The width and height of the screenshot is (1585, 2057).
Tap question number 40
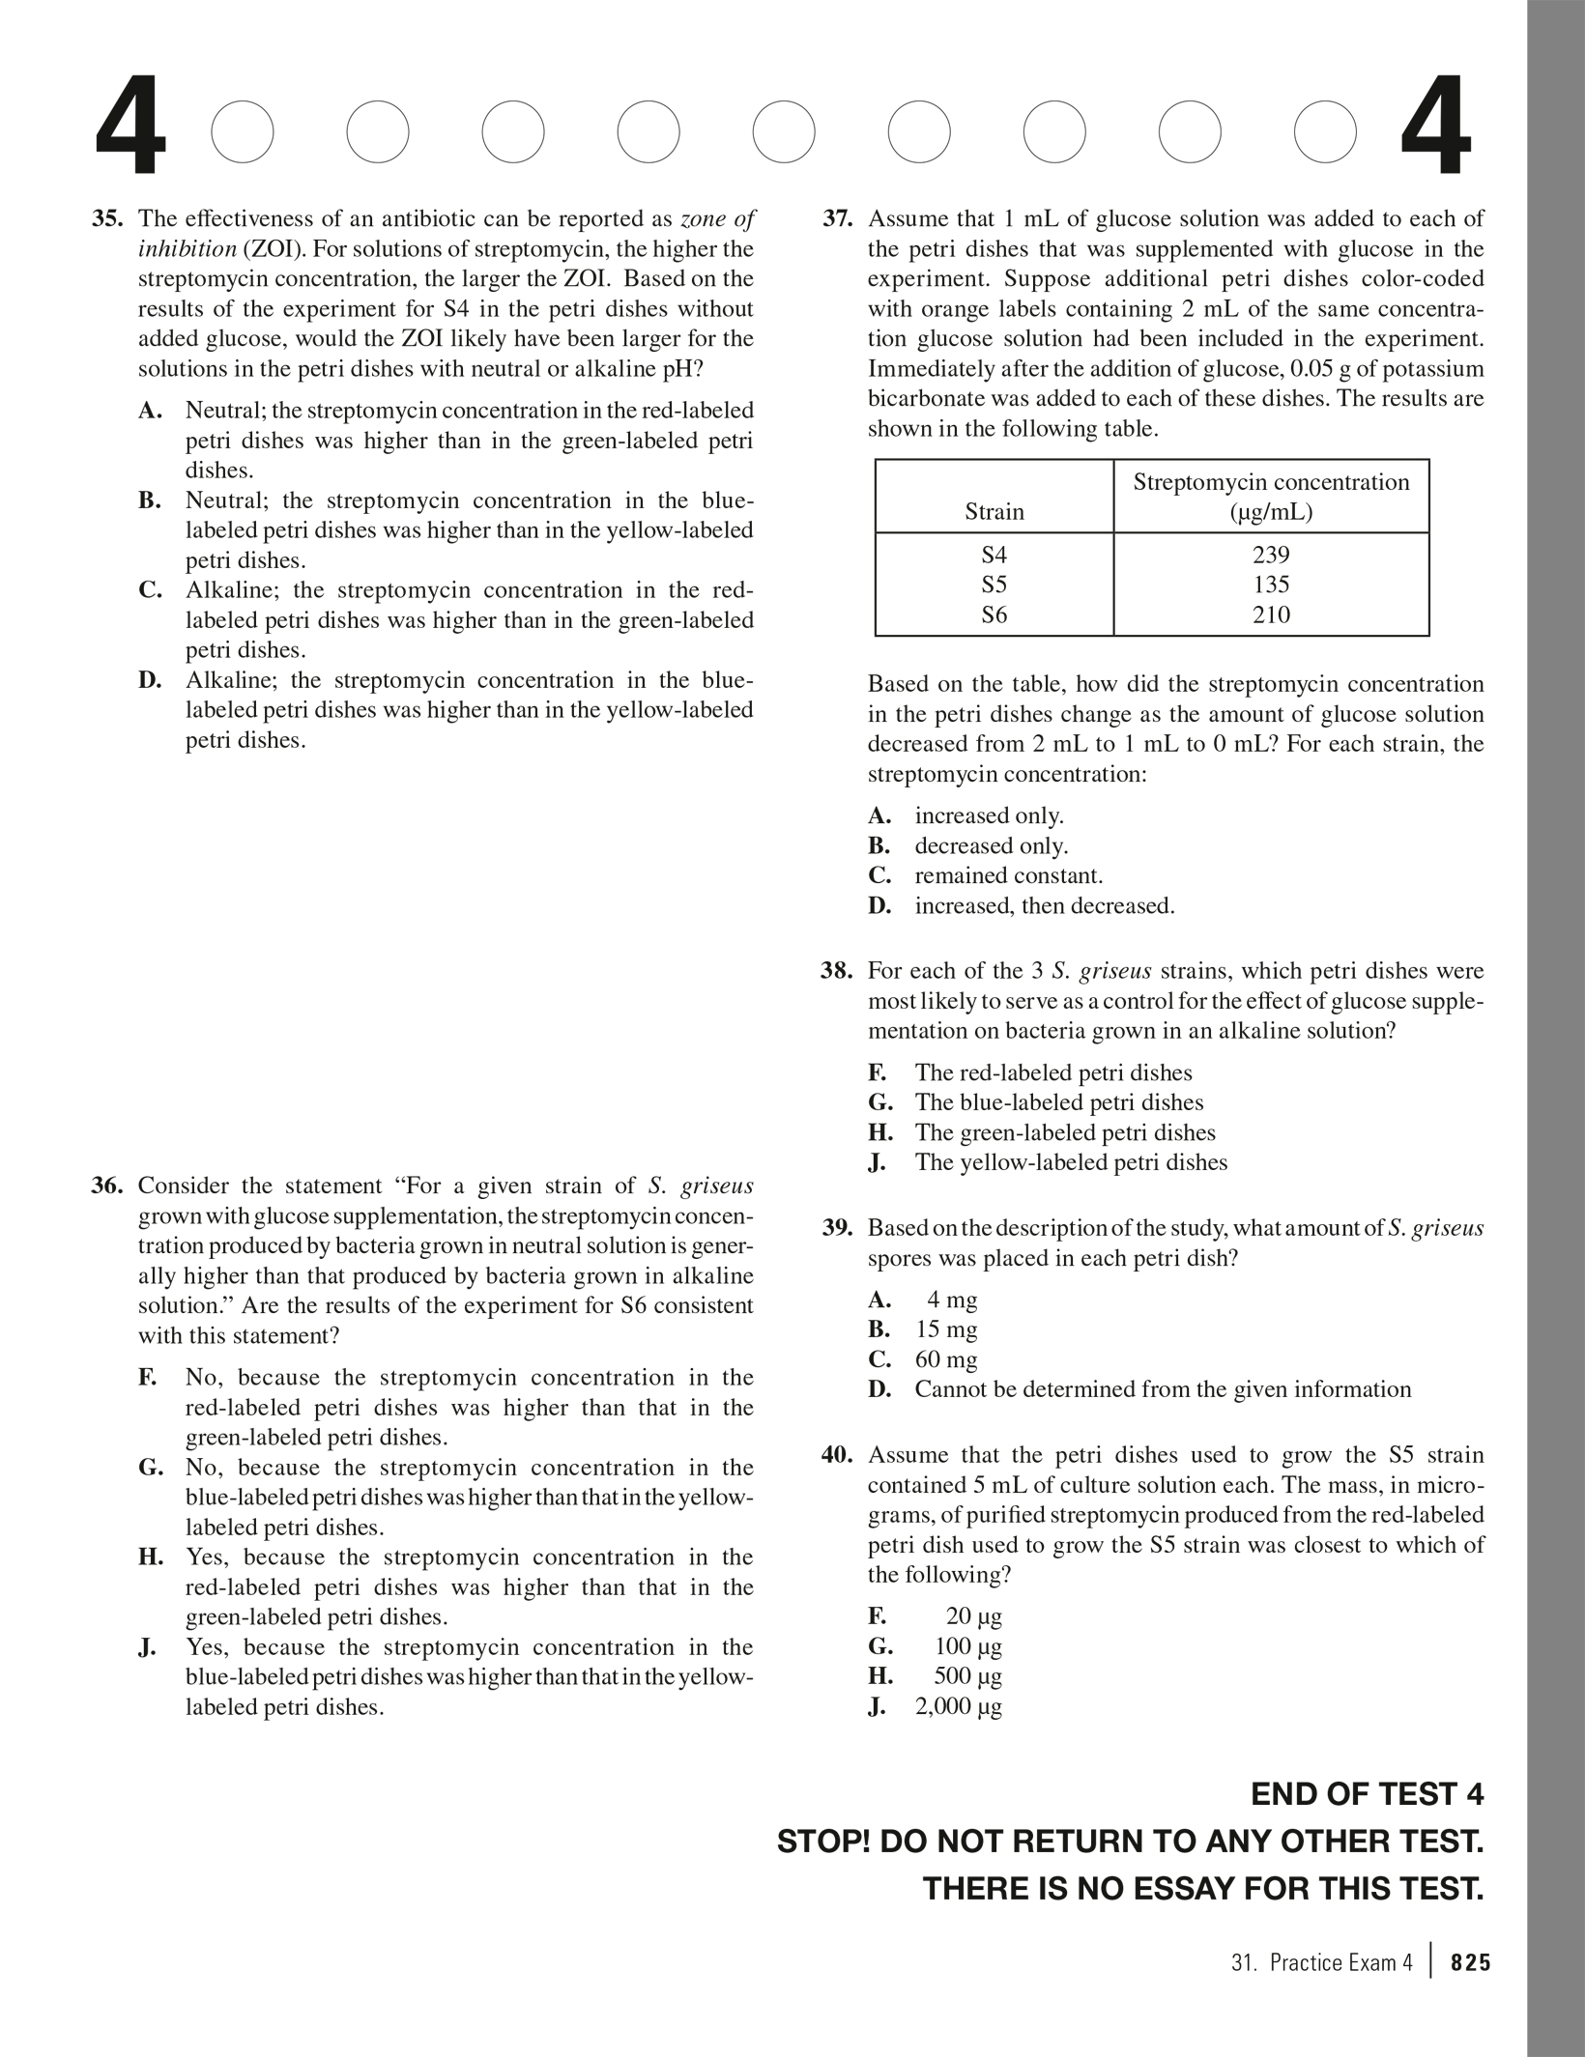point(837,1455)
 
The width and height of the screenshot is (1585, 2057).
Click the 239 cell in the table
point(1271,555)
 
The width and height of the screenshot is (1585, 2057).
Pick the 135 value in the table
point(1271,585)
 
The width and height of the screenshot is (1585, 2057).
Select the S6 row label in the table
point(994,614)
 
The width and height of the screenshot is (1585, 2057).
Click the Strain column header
point(994,512)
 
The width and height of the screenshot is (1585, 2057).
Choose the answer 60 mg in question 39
point(946,1359)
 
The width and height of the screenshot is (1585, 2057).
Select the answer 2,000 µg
point(958,1706)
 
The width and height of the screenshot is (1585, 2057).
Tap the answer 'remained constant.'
point(1008,876)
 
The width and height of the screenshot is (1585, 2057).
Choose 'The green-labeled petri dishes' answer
point(1064,1132)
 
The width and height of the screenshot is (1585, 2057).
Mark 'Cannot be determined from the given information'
point(1163,1389)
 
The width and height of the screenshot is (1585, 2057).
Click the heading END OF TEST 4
point(1367,1794)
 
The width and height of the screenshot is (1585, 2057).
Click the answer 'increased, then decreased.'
point(1044,906)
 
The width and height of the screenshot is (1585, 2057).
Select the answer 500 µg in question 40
point(967,1676)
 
